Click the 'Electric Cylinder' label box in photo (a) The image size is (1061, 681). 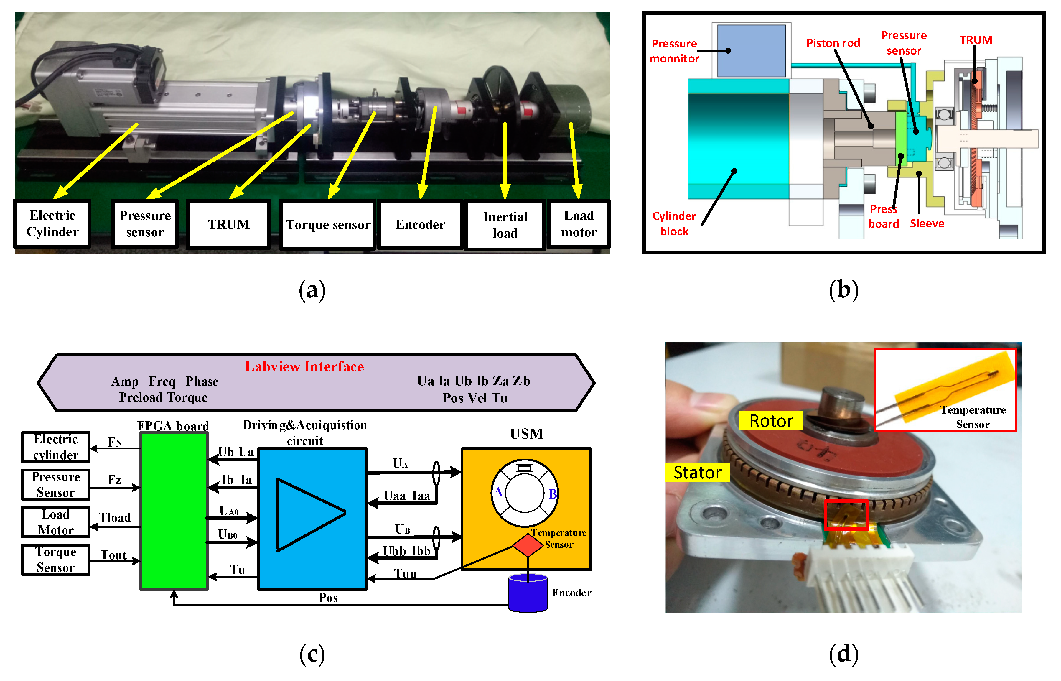click(52, 224)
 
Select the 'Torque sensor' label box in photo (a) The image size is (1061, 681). click(328, 225)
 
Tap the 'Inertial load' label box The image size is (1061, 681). click(505, 225)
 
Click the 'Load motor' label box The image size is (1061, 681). click(579, 224)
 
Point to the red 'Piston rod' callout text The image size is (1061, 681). click(833, 43)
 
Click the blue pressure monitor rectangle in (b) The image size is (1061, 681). click(751, 51)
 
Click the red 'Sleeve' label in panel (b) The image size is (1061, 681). click(927, 224)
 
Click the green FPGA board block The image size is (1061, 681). click(174, 511)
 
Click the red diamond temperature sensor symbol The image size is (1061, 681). click(528, 545)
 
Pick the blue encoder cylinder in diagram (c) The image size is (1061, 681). click(528, 593)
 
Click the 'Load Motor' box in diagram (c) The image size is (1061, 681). click(56, 522)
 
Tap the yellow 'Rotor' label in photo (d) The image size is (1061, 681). click(771, 420)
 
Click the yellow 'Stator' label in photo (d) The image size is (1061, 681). click(697, 472)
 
